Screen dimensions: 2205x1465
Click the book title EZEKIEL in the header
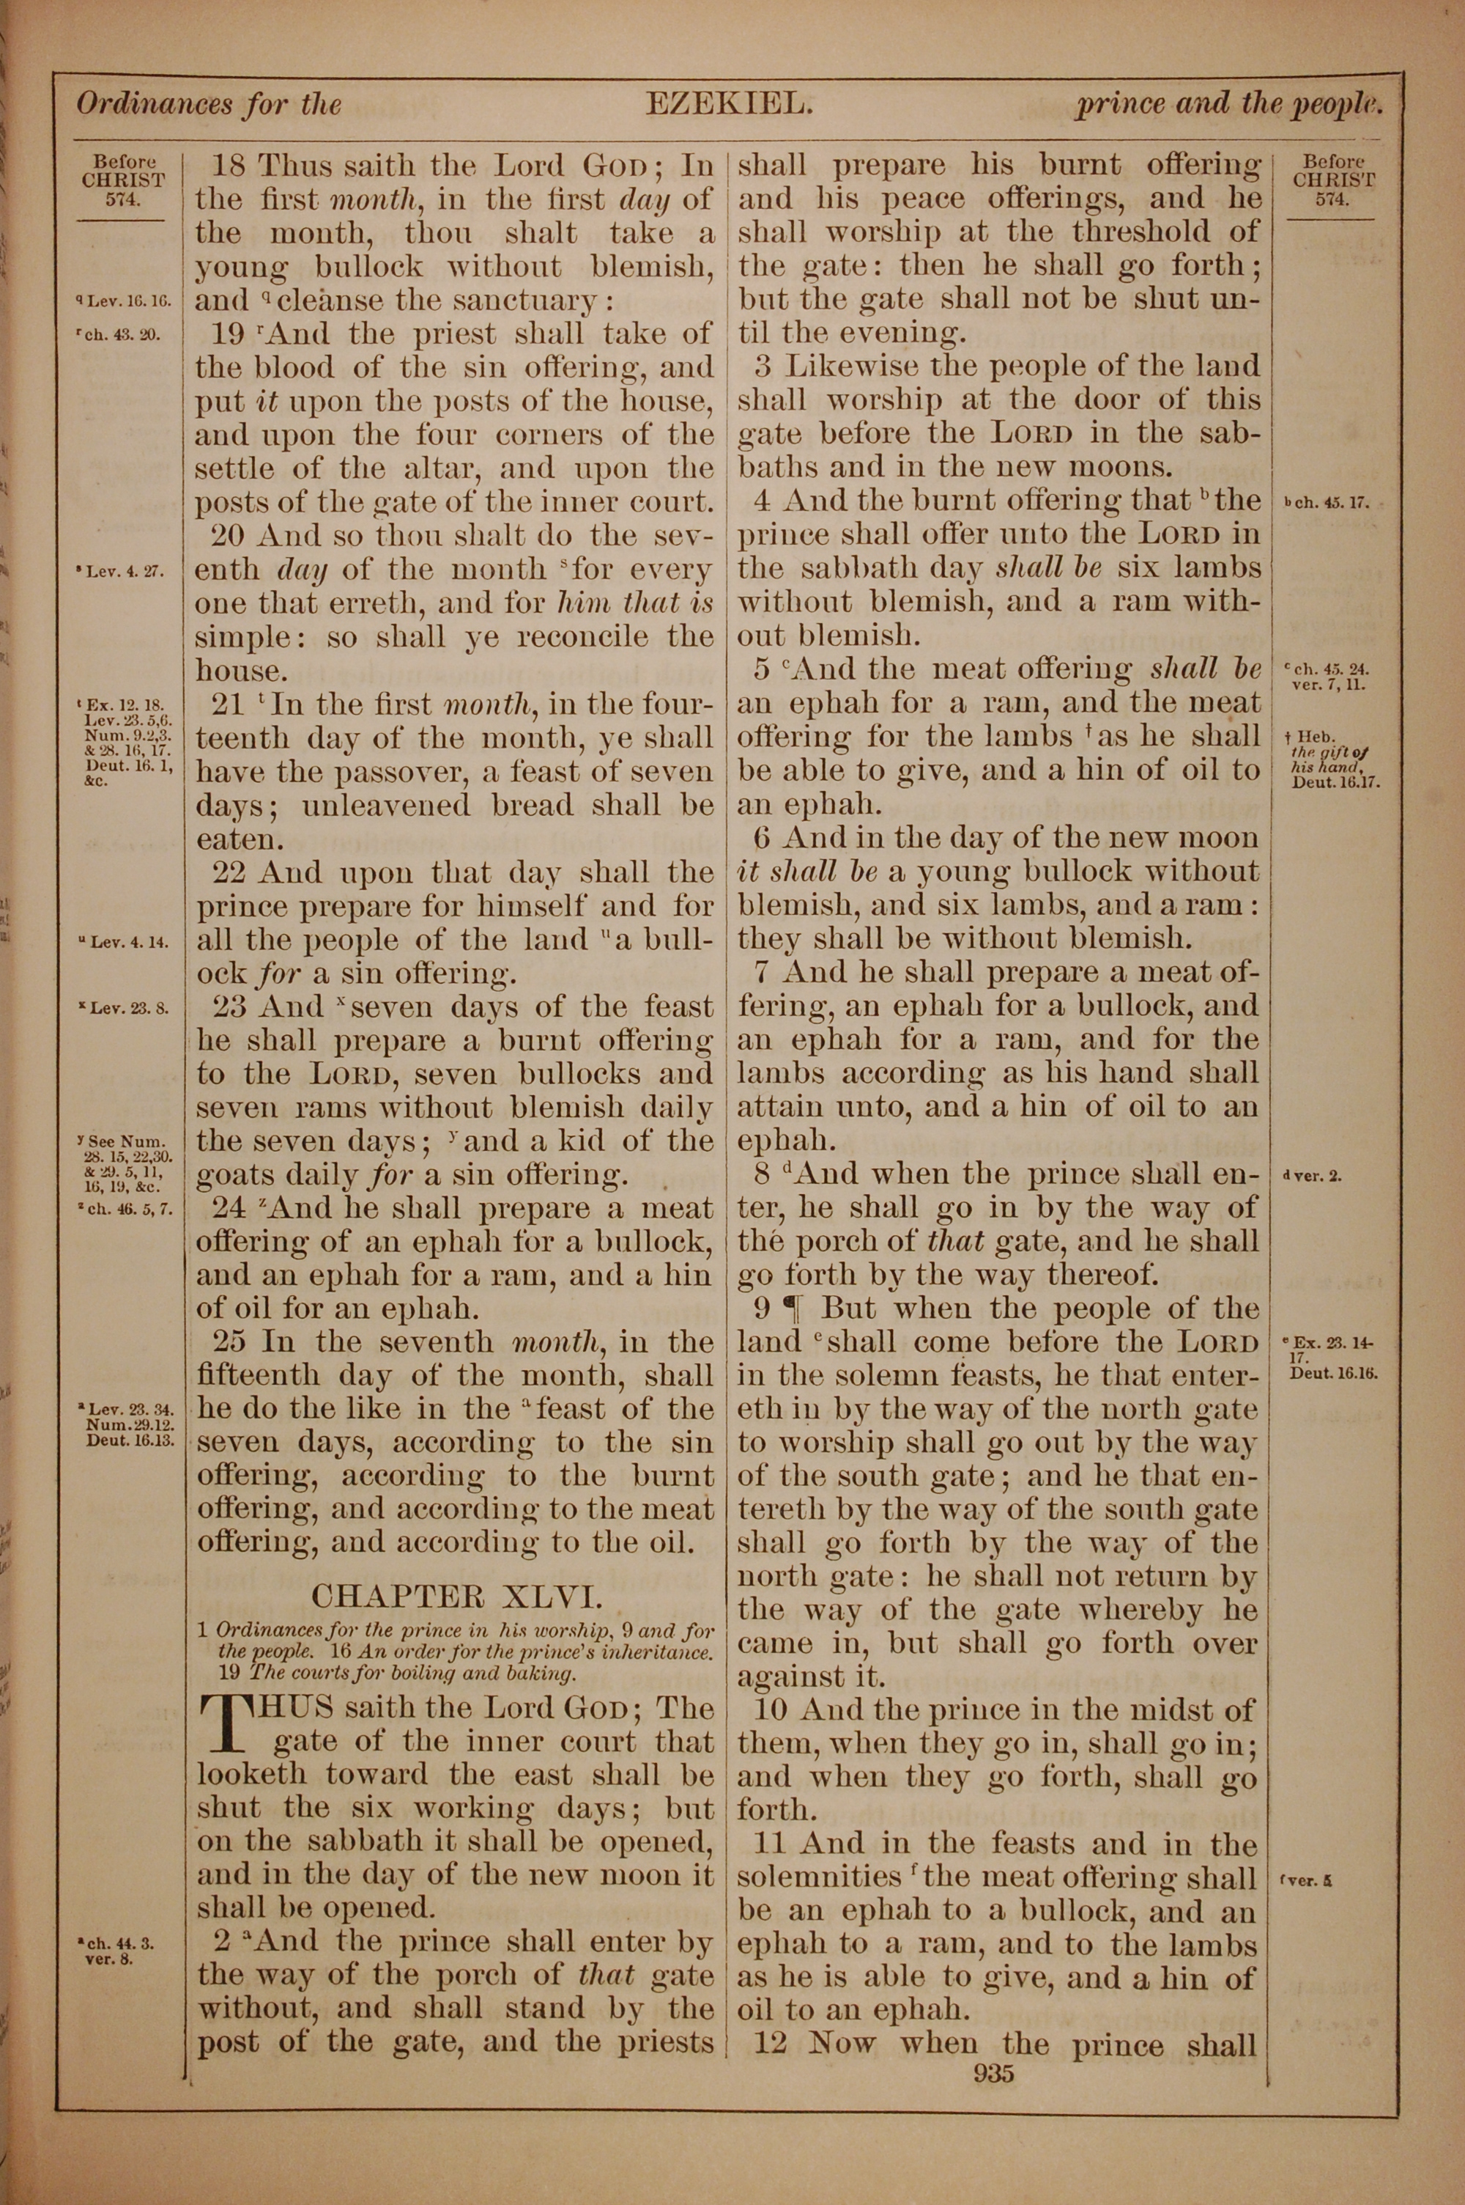(x=728, y=104)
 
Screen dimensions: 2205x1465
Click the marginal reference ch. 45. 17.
(x=1326, y=503)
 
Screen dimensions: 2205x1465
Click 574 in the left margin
(x=123, y=197)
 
